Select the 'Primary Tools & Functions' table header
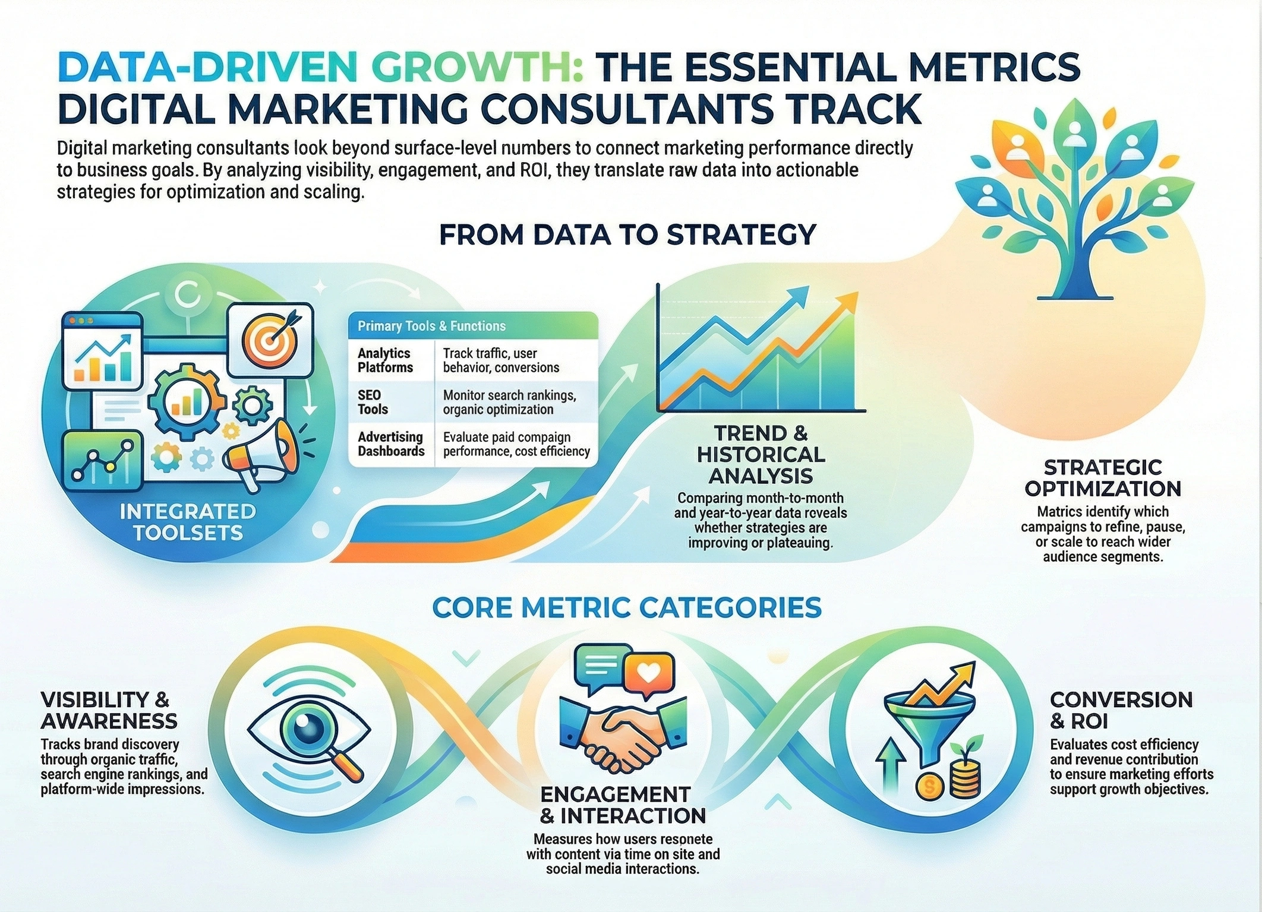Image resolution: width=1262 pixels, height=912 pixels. [431, 326]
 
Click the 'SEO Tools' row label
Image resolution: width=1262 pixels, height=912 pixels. [373, 402]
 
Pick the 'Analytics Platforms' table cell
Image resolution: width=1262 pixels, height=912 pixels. [385, 360]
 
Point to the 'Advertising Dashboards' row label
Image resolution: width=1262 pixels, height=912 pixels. [391, 444]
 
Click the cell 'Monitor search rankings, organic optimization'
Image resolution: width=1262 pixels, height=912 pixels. [509, 402]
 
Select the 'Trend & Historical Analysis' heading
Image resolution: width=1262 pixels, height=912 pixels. [761, 454]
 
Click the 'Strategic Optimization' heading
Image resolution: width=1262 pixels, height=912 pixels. [1103, 478]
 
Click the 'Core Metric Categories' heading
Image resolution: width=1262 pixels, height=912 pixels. [627, 607]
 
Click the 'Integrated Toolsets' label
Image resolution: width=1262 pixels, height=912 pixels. [188, 522]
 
